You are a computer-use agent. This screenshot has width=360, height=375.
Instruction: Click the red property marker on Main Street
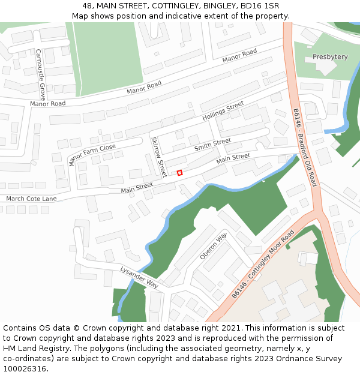click(x=179, y=173)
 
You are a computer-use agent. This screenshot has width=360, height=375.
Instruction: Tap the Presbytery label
click(x=330, y=57)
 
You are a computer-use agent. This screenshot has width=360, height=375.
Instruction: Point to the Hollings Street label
click(x=223, y=110)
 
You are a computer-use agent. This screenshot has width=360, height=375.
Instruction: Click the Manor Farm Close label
click(x=92, y=155)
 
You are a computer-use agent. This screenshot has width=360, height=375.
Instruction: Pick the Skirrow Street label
click(x=158, y=156)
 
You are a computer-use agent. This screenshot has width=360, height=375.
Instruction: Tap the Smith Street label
click(x=212, y=145)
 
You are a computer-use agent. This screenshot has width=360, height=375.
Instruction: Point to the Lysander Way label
click(x=139, y=277)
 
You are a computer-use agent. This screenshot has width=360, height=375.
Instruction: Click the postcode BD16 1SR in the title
click(x=262, y=6)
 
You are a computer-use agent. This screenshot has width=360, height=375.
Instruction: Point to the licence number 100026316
click(x=25, y=368)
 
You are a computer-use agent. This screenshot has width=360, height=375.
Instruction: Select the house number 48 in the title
click(x=88, y=6)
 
